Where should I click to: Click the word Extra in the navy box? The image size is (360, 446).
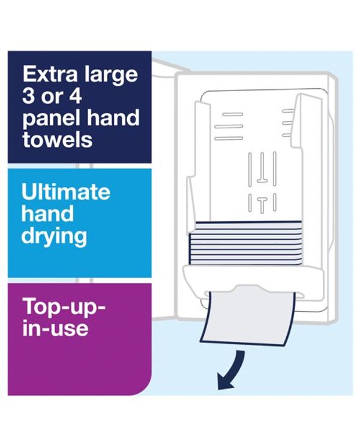point(50,74)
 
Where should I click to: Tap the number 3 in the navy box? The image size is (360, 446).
point(29,96)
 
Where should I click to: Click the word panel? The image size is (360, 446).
point(51,119)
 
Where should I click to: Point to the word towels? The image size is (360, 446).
point(58,139)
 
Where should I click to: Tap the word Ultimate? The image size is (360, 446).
point(66,192)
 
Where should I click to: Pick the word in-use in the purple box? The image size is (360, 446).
point(55,329)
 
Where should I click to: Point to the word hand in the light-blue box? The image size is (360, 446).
point(47,213)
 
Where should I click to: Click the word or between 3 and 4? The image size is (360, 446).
point(51,98)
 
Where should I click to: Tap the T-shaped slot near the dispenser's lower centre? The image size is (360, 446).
point(262,203)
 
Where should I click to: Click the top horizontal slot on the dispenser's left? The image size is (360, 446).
point(233,114)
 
